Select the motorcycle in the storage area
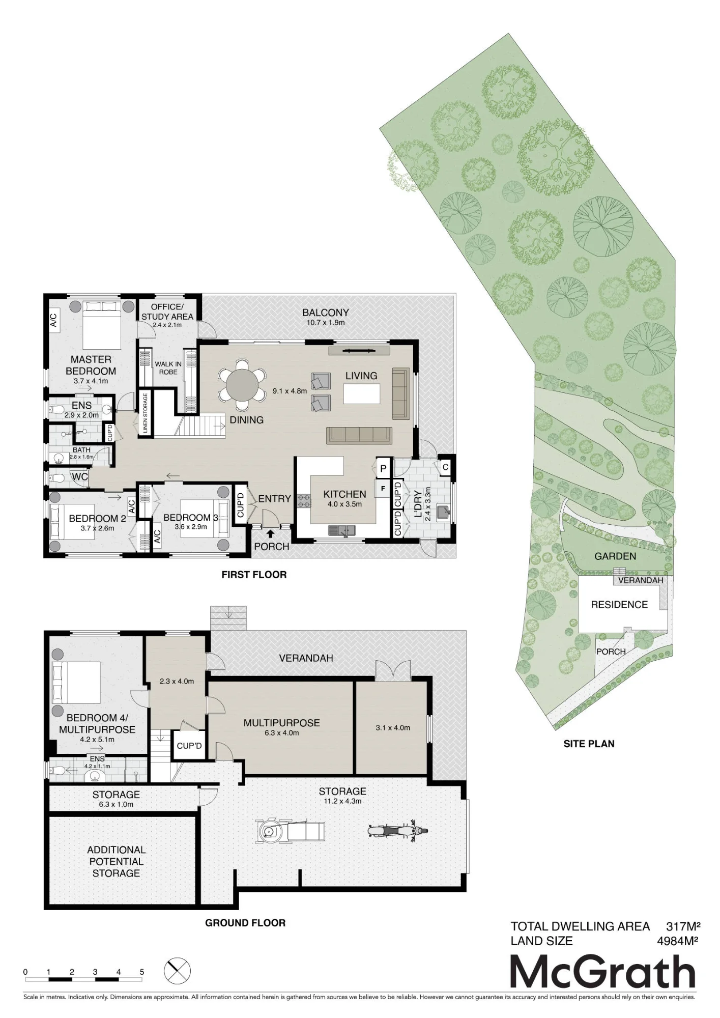click(397, 830)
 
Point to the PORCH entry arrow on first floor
click(270, 533)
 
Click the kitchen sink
click(341, 531)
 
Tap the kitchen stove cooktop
click(304, 501)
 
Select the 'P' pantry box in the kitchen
click(383, 468)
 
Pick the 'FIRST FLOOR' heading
click(254, 575)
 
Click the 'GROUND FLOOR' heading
click(245, 923)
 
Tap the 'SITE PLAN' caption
click(589, 744)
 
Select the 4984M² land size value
click(677, 941)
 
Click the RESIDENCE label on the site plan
click(619, 605)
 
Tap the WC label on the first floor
click(80, 477)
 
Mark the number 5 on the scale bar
click(141, 972)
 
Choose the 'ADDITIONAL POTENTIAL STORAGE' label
click(116, 861)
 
